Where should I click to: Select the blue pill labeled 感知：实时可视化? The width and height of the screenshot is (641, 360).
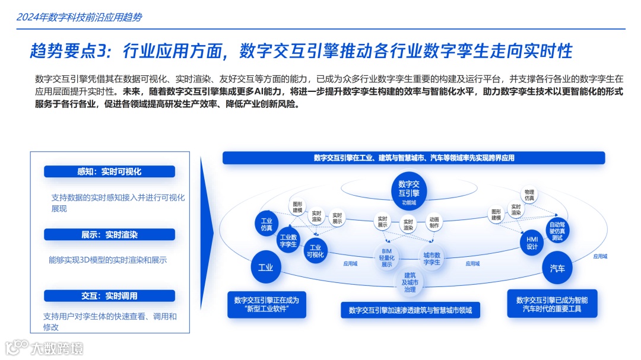[x=109, y=171]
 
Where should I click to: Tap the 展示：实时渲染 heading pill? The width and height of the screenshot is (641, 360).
[x=109, y=234]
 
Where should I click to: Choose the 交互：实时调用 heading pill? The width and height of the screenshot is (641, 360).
[x=109, y=295]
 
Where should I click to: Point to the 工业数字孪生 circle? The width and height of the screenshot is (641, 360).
[x=288, y=240]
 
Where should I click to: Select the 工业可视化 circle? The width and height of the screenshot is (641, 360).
[x=315, y=251]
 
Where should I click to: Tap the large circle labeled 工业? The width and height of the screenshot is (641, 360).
[x=265, y=267]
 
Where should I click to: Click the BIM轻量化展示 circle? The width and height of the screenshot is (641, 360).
[x=387, y=257]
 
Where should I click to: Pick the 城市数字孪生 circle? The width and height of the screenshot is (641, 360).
[x=431, y=257]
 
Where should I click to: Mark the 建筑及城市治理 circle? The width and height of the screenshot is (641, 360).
[x=410, y=282]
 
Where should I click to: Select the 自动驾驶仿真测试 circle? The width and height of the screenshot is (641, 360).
[x=557, y=231]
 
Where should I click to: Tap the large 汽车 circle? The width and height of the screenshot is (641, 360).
[x=557, y=269]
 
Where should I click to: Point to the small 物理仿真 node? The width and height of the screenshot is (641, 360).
[x=529, y=195]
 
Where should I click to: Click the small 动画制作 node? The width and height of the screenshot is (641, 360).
[x=434, y=222]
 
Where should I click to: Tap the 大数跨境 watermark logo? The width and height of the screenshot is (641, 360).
[x=45, y=347]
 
